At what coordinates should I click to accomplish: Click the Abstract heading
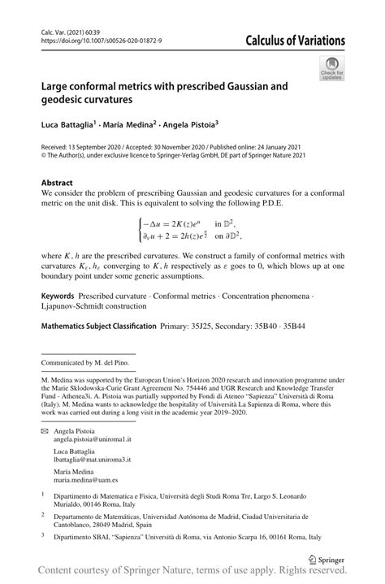(x=57, y=183)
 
